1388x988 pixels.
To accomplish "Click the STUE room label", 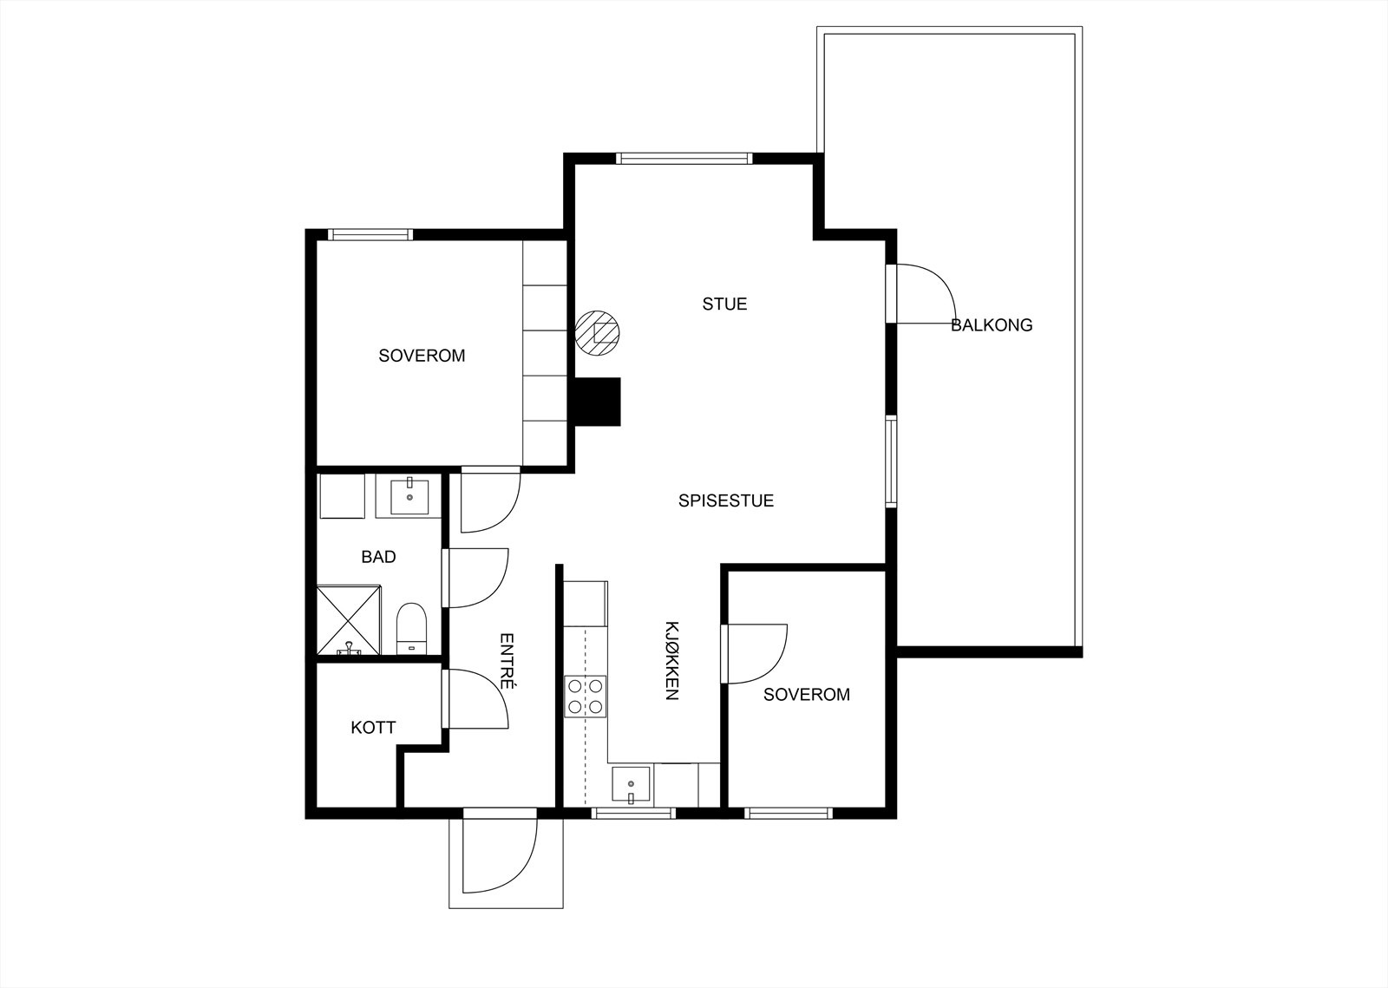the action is [x=724, y=304].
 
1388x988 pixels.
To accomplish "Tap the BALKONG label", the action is [x=992, y=325].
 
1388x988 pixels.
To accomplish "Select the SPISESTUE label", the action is [x=725, y=501].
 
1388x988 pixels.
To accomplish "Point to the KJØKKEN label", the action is [x=671, y=660].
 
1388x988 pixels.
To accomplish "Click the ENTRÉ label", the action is [x=507, y=661].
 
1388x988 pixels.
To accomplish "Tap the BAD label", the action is [x=378, y=557].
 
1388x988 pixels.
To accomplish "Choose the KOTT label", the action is [x=373, y=727].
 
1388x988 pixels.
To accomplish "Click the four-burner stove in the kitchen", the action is [x=585, y=697].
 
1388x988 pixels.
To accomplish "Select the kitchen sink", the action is [x=632, y=784].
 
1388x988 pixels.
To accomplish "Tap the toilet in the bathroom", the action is [x=411, y=627].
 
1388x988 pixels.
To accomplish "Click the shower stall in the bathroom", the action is [x=348, y=619].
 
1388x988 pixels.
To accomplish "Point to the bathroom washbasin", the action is [x=409, y=496].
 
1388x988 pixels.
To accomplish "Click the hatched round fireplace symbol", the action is [x=598, y=332].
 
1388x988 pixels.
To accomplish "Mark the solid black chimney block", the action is [x=595, y=402].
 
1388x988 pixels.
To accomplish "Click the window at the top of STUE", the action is [x=684, y=158].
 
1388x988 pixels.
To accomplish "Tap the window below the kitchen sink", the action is [x=632, y=814].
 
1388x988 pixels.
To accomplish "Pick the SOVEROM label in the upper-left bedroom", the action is [x=422, y=356].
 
